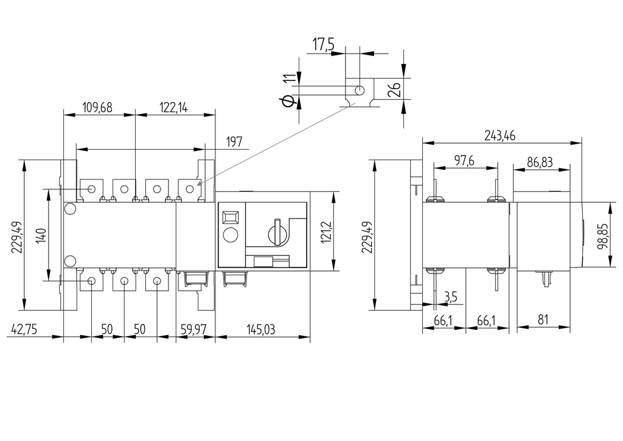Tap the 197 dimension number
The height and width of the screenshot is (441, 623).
coord(234,142)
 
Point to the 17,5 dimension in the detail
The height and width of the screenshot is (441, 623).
coord(324,44)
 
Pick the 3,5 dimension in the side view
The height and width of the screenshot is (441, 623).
coord(451,297)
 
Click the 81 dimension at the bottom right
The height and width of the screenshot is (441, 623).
coord(543,319)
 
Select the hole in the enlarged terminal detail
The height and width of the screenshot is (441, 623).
coord(360,90)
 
